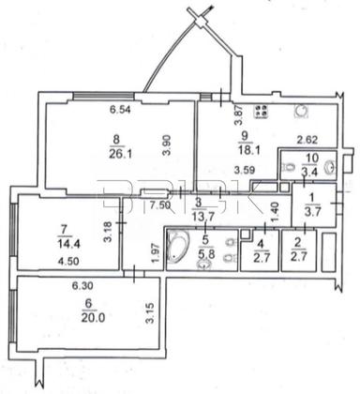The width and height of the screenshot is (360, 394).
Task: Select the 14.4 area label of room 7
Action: click(64, 241)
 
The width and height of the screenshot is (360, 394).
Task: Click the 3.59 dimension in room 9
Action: click(245, 170)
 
